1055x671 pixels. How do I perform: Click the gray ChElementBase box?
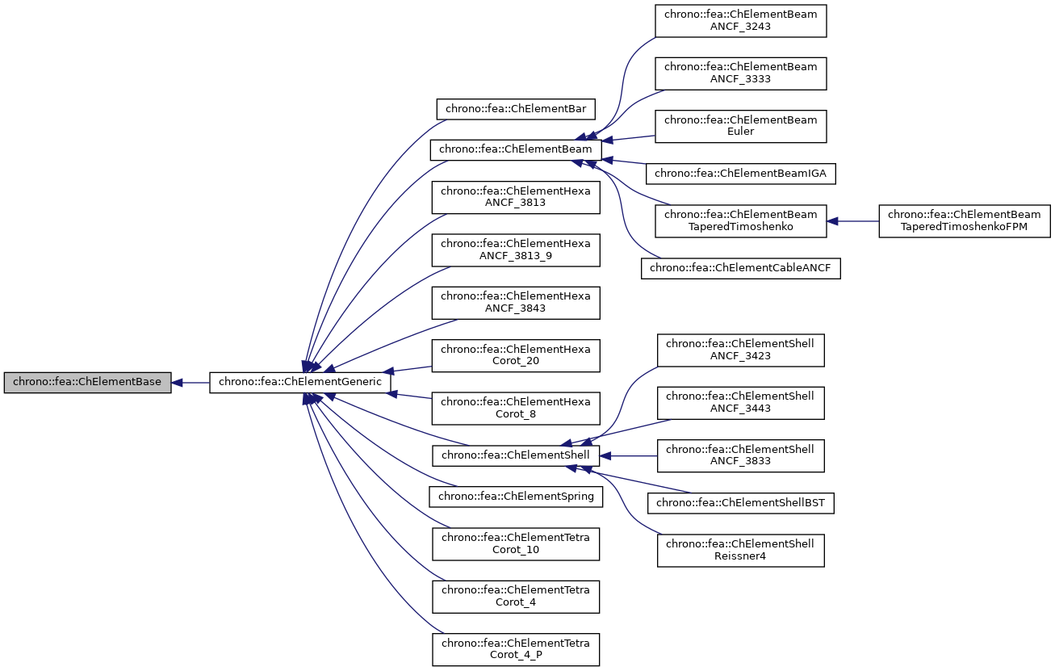pyautogui.click(x=87, y=383)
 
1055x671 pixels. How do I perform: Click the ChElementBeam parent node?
pyautogui.click(x=516, y=150)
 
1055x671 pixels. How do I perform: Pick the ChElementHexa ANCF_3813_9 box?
pyautogui.click(x=516, y=250)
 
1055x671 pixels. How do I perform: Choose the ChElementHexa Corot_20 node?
pyautogui.click(x=516, y=355)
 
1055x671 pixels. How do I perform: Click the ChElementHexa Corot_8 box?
pyautogui.click(x=516, y=408)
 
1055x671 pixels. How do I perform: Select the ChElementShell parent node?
pyautogui.click(x=516, y=455)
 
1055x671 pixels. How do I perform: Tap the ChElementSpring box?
pyautogui.click(x=516, y=496)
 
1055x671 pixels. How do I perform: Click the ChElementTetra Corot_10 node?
pyautogui.click(x=516, y=543)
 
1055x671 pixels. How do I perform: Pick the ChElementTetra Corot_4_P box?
pyautogui.click(x=516, y=649)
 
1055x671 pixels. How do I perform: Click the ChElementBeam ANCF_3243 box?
pyautogui.click(x=740, y=19)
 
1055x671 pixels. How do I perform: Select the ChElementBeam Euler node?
pyautogui.click(x=740, y=126)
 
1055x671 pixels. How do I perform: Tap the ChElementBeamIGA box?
pyautogui.click(x=740, y=173)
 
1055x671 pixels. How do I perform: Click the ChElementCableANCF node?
pyautogui.click(x=740, y=268)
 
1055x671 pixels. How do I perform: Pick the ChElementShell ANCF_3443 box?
pyautogui.click(x=740, y=402)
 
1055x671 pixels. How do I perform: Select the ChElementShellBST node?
pyautogui.click(x=740, y=503)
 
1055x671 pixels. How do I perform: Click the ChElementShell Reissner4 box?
pyautogui.click(x=740, y=550)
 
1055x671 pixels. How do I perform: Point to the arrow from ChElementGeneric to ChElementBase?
pyautogui.click(x=190, y=383)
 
